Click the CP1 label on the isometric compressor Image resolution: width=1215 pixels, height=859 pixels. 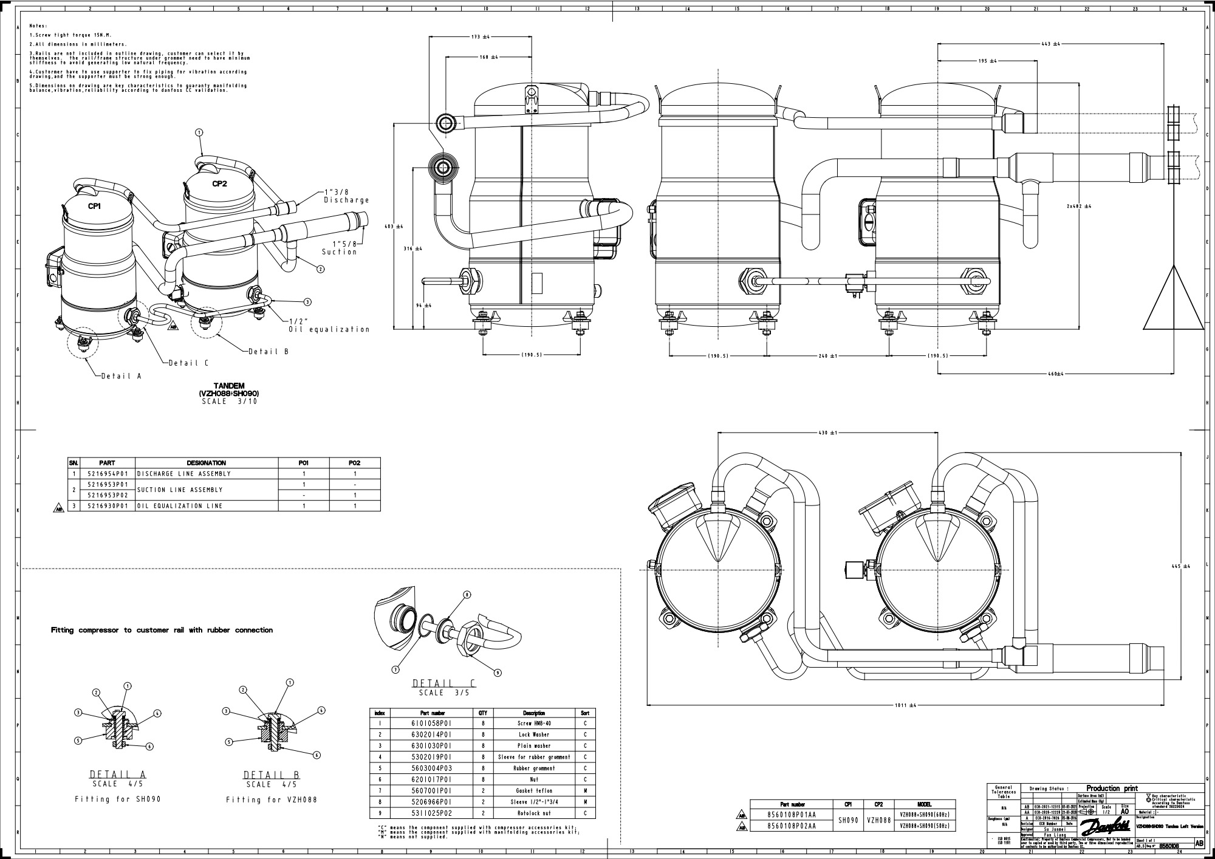click(x=94, y=207)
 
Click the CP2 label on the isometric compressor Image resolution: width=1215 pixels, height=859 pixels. click(x=219, y=184)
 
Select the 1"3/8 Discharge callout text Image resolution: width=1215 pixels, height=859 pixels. click(x=346, y=196)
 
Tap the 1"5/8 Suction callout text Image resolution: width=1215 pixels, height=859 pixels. click(x=339, y=247)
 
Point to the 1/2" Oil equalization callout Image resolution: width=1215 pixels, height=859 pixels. click(x=329, y=326)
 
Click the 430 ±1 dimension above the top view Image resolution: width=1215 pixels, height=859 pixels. click(x=827, y=433)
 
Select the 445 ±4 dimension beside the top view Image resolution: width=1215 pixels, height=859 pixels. click(x=1181, y=566)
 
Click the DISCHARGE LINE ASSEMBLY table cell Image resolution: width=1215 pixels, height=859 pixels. click(x=184, y=474)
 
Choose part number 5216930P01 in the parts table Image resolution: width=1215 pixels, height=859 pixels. click(x=108, y=506)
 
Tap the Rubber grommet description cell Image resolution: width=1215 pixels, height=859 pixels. click(x=534, y=768)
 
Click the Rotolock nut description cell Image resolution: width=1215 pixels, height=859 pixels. click(x=534, y=813)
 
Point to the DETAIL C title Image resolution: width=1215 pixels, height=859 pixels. click(x=443, y=683)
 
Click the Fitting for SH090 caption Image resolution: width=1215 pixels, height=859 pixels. click(x=118, y=799)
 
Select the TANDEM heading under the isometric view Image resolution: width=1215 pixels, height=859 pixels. click(x=229, y=386)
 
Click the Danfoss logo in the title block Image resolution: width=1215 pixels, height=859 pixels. click(x=1105, y=826)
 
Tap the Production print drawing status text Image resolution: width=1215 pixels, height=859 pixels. click(x=1111, y=788)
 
